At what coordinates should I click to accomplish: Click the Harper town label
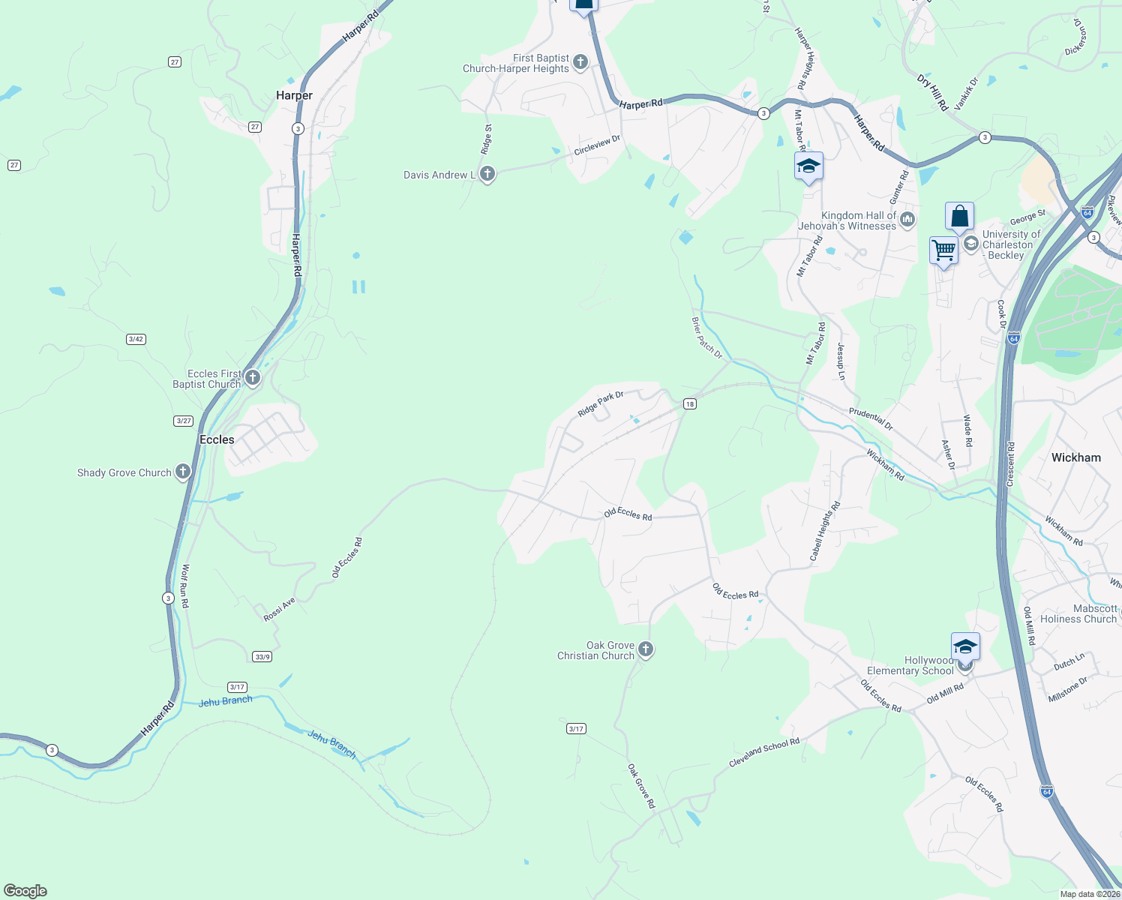tap(294, 95)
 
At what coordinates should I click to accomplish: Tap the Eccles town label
tap(217, 439)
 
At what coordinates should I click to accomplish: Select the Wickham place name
tap(1075, 457)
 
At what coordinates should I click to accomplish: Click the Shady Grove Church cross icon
tap(183, 472)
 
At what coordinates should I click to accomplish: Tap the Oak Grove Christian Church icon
tap(645, 649)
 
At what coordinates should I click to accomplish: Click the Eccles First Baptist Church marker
tap(253, 377)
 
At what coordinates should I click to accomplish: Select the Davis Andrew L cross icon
tap(487, 175)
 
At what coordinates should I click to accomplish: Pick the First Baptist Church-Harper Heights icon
tap(580, 62)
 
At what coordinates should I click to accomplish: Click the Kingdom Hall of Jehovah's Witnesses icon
tap(907, 220)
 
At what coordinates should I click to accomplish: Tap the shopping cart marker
tap(943, 250)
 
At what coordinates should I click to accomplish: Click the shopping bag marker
tap(959, 216)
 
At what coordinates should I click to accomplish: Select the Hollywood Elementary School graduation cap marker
tap(965, 646)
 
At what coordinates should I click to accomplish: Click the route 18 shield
tap(689, 404)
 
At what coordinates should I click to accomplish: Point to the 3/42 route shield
tap(136, 339)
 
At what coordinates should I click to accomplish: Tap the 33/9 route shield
tap(262, 657)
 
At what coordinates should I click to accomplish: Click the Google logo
tap(25, 891)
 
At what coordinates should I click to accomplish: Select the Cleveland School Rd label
tap(763, 752)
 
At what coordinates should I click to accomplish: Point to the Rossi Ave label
tap(279, 610)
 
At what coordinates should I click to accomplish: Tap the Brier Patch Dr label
tap(706, 337)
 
